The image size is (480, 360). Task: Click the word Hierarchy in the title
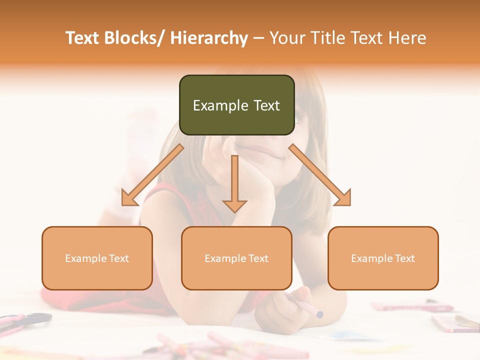(209, 38)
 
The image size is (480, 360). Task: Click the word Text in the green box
(266, 105)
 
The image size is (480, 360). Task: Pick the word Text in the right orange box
(404, 258)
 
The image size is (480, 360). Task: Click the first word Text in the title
(82, 38)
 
